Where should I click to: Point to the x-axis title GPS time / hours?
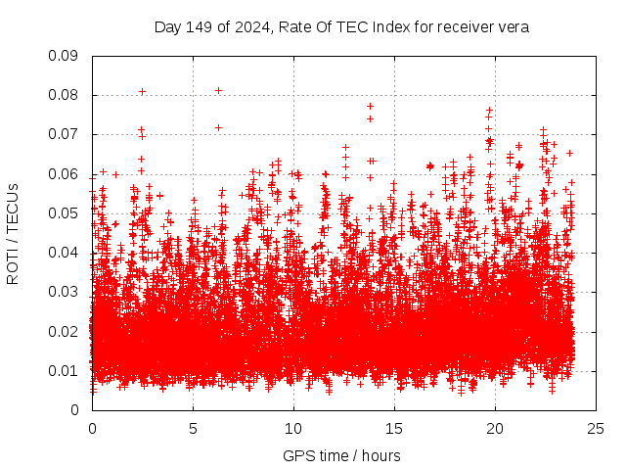coord(341,455)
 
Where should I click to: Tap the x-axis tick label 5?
coord(193,428)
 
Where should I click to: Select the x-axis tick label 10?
coord(293,428)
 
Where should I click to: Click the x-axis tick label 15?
coord(394,428)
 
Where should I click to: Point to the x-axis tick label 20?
coord(495,428)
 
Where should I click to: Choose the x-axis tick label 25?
coord(596,428)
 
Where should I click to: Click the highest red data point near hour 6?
coord(218,91)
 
